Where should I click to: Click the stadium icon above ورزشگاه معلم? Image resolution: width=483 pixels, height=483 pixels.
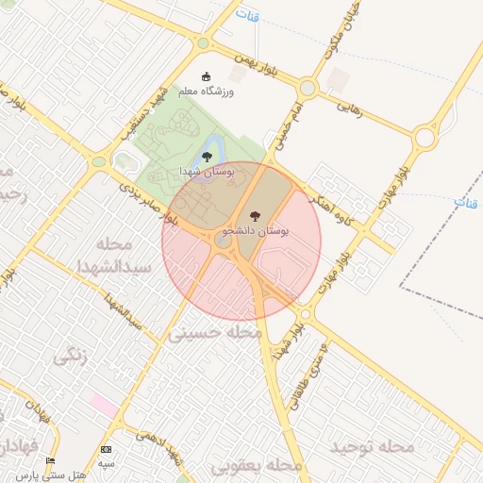(208, 77)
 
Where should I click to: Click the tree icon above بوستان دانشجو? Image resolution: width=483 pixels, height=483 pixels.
(254, 216)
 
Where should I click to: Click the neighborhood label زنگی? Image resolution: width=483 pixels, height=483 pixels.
(70, 356)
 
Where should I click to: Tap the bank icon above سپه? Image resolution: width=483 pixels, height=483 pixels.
(106, 449)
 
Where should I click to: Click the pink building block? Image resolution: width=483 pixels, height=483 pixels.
(104, 408)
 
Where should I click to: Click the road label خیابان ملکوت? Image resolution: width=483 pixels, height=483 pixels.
(334, 28)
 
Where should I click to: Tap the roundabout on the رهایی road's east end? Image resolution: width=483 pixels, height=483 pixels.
(425, 138)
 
